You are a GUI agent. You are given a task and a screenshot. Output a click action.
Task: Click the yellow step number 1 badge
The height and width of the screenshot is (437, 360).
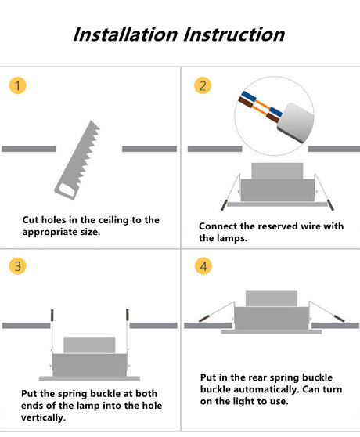[x=17, y=85]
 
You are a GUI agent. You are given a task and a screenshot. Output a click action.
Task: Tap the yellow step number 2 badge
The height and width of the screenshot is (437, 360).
[x=203, y=85]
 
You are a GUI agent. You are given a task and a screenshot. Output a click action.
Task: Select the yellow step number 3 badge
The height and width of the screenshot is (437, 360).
[x=17, y=265]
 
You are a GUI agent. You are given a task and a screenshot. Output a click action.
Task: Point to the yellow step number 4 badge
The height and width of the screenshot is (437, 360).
[x=203, y=265]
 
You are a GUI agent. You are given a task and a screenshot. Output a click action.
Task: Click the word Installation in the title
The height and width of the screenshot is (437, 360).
[x=125, y=34]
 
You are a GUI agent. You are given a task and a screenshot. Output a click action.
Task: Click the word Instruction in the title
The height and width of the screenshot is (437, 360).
[x=234, y=34]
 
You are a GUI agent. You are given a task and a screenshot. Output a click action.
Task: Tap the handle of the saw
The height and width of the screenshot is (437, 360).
[x=66, y=190]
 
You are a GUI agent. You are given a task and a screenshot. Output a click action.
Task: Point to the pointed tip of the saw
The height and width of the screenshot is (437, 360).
[x=91, y=121]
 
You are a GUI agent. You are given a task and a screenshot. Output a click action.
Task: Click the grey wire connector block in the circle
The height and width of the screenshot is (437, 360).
[x=295, y=123]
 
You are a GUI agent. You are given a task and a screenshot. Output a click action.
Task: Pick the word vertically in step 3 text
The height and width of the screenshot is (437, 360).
[x=43, y=417]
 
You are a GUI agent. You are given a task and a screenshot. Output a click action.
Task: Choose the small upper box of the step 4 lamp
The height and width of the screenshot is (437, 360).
[x=272, y=298]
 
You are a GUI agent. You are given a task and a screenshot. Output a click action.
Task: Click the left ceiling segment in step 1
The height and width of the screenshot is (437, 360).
[x=29, y=149]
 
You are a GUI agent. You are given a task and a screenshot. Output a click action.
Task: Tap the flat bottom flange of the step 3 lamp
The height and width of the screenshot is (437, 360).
[x=90, y=378]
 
